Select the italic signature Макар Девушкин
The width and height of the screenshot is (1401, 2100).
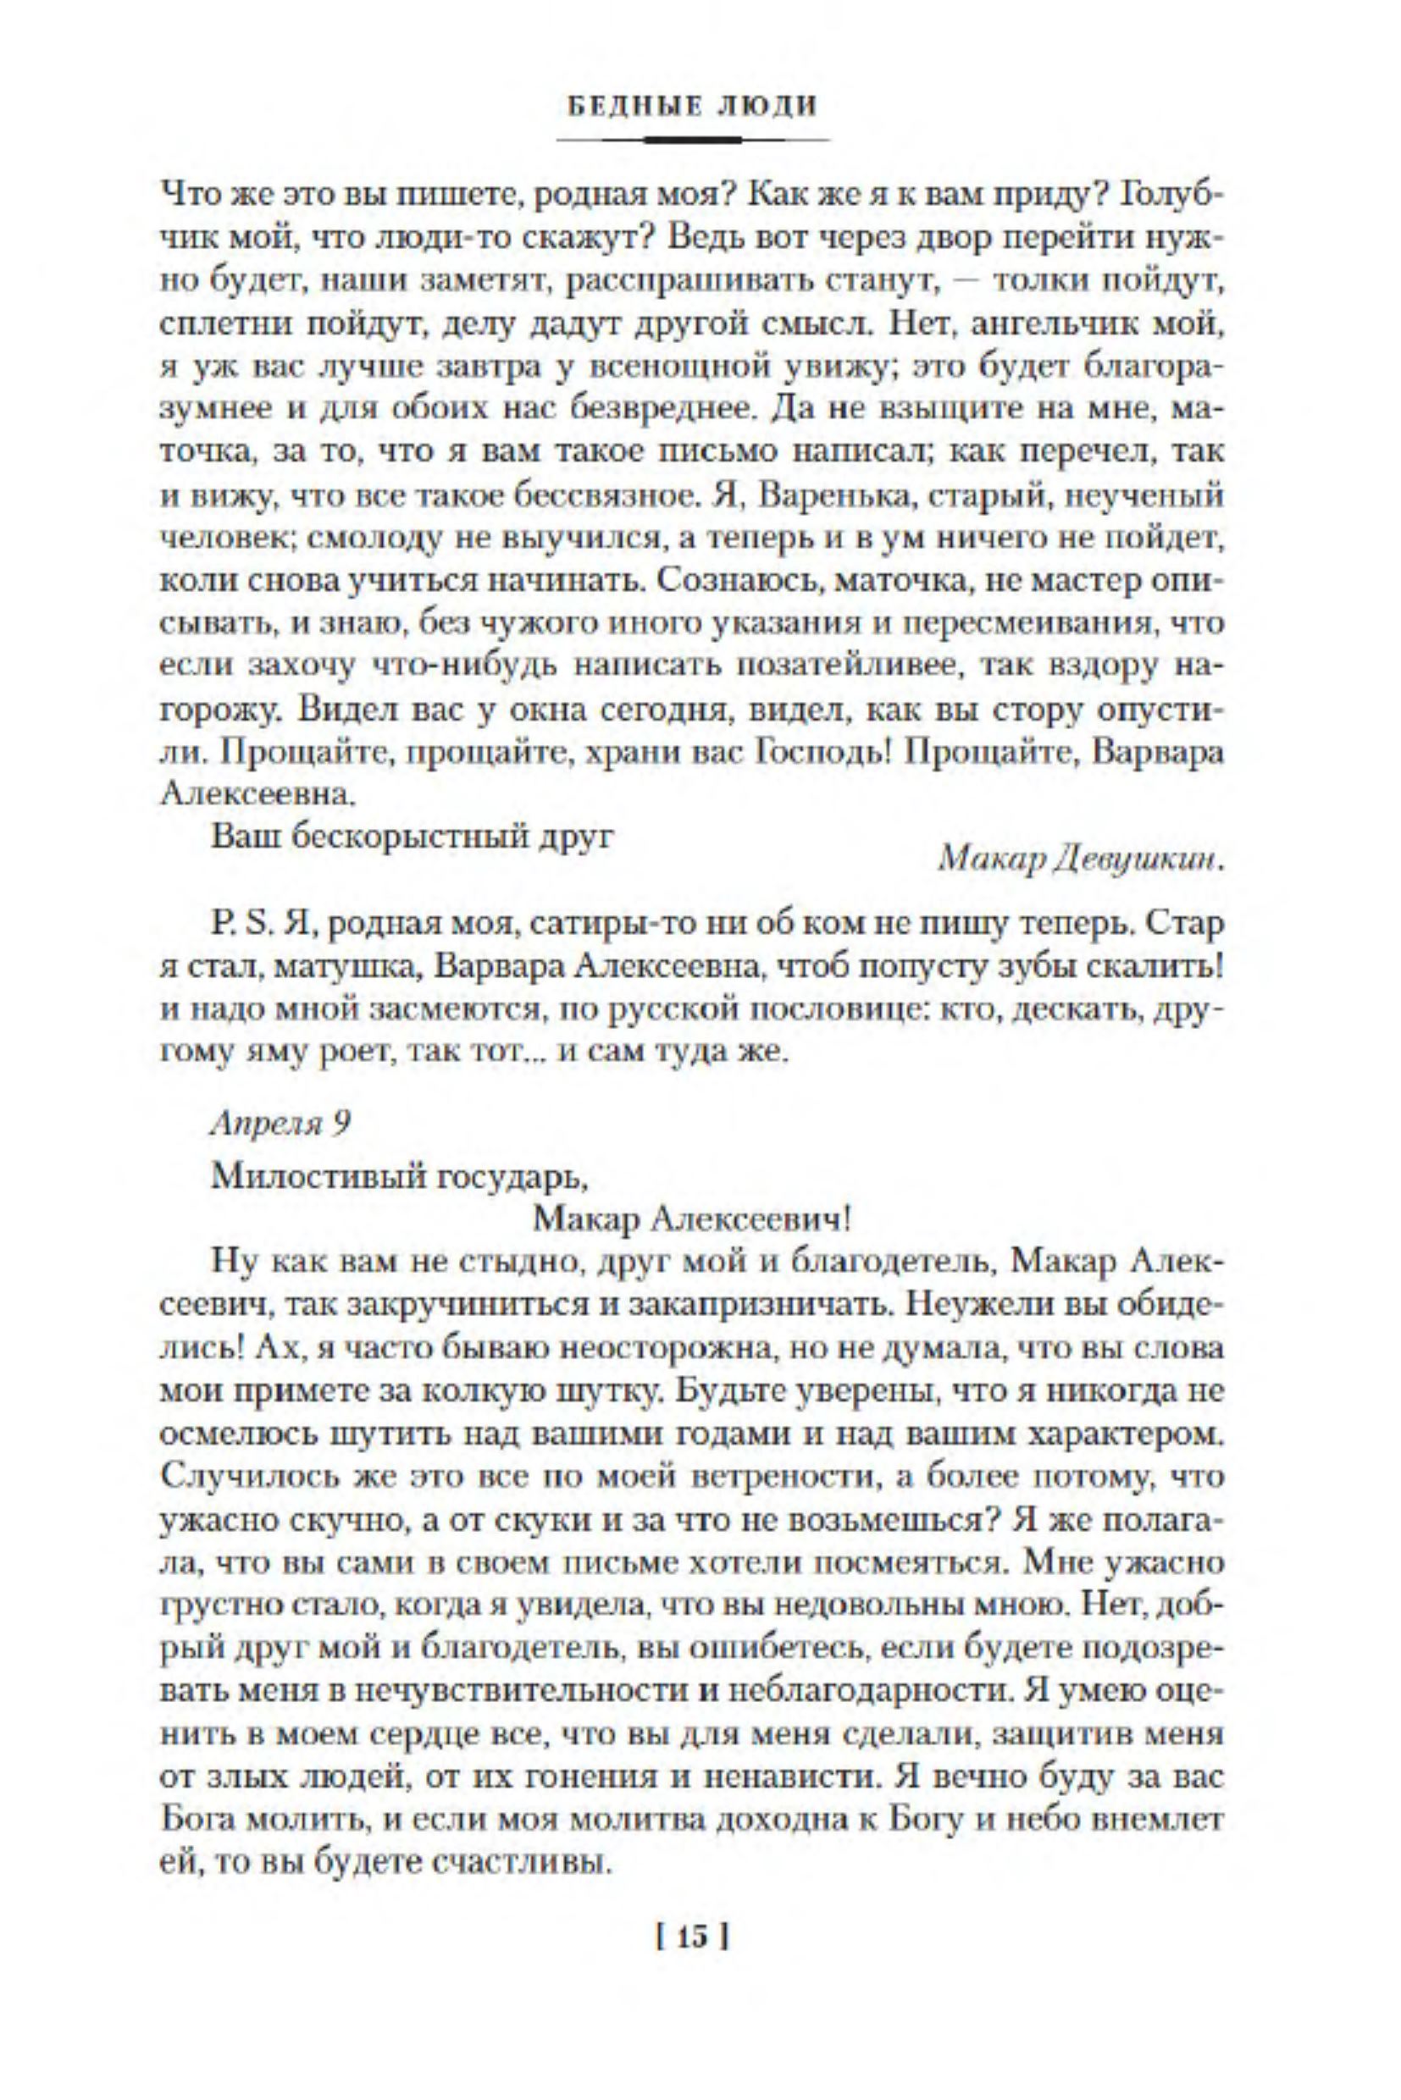pos(1082,859)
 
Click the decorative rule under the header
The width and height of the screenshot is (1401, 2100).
pos(693,141)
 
